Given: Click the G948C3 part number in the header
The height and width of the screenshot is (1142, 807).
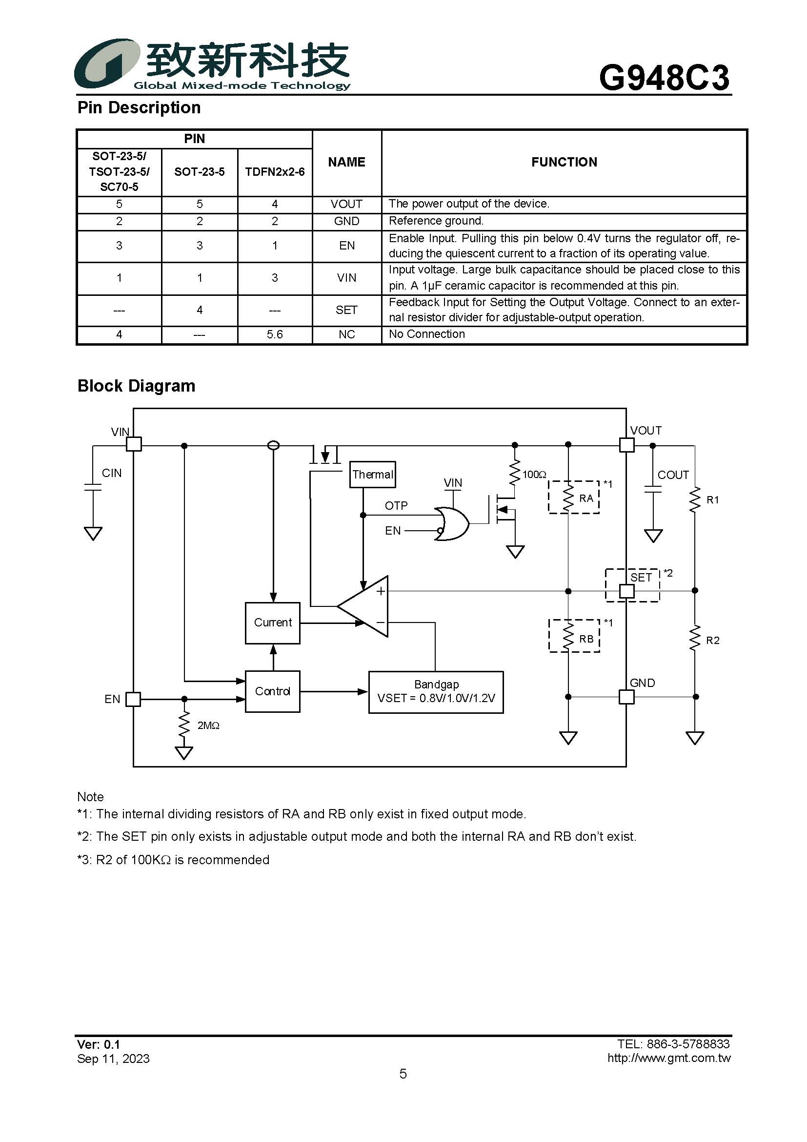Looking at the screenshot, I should tap(664, 78).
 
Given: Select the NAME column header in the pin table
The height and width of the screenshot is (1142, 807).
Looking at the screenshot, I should tap(346, 162).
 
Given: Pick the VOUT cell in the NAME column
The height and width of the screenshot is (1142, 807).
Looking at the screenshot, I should tap(346, 204).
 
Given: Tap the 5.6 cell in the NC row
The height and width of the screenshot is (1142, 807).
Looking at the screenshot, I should tap(274, 334).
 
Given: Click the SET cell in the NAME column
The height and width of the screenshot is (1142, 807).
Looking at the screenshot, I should tap(346, 310).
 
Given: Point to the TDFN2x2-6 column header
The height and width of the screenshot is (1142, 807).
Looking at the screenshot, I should tap(274, 171).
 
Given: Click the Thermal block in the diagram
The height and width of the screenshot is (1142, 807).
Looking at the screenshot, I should tap(372, 475).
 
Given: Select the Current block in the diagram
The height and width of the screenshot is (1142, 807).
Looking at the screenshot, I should tap(272, 623).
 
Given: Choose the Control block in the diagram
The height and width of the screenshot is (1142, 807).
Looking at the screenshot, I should tap(272, 691).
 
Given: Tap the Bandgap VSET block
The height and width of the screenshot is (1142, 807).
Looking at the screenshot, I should tap(436, 692).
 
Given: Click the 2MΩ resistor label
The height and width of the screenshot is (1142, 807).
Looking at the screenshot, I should tap(208, 726).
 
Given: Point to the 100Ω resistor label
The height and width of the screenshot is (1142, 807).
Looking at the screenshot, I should tap(534, 475).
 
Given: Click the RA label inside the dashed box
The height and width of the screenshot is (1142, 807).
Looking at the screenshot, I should tap(586, 498).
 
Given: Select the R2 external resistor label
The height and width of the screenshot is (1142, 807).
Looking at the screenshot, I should tap(712, 640).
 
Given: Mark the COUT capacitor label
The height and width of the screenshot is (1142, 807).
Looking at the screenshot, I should tap(673, 475).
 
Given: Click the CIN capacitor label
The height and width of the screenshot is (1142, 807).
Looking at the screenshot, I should tap(112, 473).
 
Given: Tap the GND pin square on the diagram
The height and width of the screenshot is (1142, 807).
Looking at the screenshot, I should tap(626, 697).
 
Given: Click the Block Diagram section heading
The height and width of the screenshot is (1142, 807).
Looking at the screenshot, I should tap(136, 386).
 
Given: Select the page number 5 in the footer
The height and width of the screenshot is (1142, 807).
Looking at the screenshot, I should tap(403, 1073).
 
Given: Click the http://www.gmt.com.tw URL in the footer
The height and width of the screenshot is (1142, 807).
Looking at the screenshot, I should tap(669, 1058).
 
